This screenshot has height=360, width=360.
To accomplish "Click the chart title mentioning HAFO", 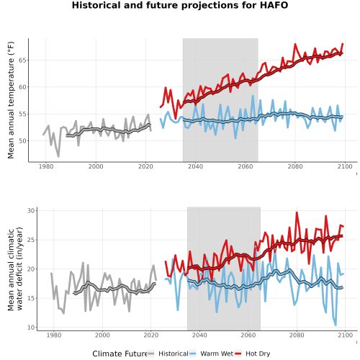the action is coord(180,5).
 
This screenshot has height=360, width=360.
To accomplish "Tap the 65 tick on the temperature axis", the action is coord(22,60).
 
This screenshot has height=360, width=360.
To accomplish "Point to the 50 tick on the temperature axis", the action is coord(22,141).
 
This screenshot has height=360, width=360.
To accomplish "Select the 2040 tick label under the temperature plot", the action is coord(195,166).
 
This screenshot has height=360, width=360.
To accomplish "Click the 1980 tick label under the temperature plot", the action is coord(46,166).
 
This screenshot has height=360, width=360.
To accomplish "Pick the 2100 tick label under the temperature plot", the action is coord(345,166).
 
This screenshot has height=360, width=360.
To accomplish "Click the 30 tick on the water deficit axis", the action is coord(31,211).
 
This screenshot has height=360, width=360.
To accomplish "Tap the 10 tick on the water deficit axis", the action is coord(31,328).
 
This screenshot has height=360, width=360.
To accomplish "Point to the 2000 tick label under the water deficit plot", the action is coord(102,335).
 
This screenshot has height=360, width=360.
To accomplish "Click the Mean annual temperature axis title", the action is coord(11,100).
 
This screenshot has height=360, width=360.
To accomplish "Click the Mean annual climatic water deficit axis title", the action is coord(15,269).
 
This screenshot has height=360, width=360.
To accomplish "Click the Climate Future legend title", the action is coord(120,354).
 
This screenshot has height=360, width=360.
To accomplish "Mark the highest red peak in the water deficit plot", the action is coord(297,212).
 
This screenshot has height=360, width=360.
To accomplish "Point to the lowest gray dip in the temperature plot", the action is coord(58,156).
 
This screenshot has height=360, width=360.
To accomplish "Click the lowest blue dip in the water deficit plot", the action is coord(336,325).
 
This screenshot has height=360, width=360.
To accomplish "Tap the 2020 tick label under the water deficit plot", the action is coord(151,335).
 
